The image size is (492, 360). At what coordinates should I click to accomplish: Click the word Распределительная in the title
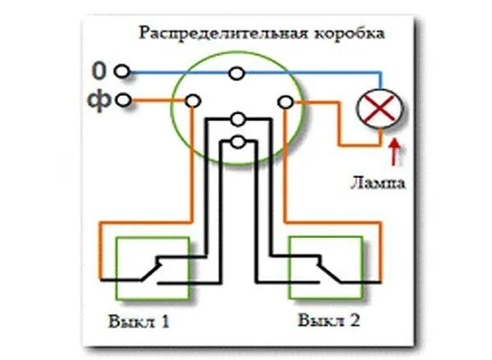[x=223, y=34]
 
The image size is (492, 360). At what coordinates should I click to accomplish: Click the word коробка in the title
[x=349, y=33]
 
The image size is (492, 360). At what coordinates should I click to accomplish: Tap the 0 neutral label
[x=99, y=71]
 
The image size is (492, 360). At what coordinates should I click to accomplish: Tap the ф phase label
[x=99, y=100]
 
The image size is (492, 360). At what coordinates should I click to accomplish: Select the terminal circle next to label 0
[x=122, y=71]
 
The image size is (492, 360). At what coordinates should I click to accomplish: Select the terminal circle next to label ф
[x=123, y=100]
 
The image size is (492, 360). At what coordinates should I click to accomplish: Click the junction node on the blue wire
[x=237, y=74]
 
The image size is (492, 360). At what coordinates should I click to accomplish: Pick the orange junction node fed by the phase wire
[x=193, y=102]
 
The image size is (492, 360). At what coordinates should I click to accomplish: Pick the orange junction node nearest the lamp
[x=285, y=103]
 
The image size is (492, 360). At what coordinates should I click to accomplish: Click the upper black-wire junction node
[x=238, y=119]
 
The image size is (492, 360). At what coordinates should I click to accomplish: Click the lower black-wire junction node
[x=238, y=142]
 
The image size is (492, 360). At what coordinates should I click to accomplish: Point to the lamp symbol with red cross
[x=380, y=108]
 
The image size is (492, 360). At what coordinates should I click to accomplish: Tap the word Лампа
[x=377, y=182]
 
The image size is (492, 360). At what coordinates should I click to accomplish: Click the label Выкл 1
[x=139, y=321]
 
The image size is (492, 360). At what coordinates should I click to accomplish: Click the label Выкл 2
[x=329, y=320]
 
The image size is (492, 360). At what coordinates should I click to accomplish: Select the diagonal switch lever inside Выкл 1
[x=151, y=271]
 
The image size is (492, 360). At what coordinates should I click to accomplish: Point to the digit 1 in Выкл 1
[x=165, y=321]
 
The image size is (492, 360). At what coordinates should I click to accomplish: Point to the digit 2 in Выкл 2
[x=354, y=320]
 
